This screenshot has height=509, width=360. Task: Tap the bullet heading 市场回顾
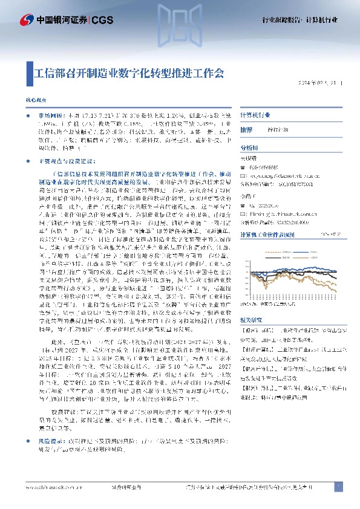(50, 114)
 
